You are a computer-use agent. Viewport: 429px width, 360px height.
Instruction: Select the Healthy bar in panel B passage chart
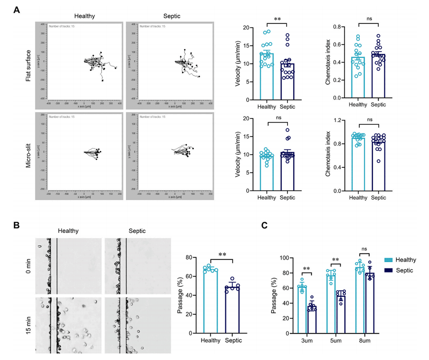pos(210,301)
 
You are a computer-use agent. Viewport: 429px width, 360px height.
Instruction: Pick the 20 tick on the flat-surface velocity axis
pos(245,28)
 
